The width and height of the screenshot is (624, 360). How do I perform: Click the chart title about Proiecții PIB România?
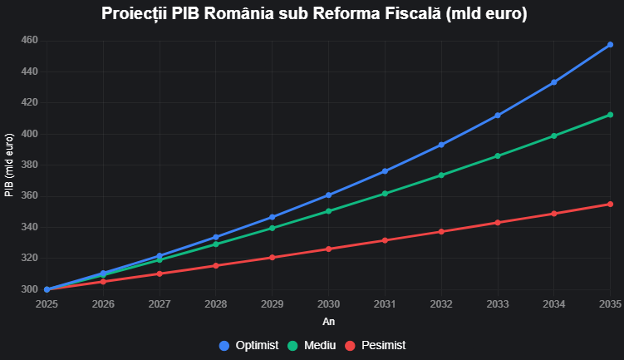[314, 14]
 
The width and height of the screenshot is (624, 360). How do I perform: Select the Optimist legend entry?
[248, 345]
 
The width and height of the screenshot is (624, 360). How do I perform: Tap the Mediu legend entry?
[311, 345]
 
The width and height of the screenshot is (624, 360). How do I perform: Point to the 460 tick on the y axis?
[30, 40]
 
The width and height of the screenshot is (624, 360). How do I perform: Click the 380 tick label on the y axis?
[30, 165]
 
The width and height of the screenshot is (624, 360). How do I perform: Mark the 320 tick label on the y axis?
[30, 258]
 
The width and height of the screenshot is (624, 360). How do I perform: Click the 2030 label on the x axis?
[328, 304]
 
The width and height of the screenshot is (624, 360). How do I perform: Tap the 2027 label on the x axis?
[160, 304]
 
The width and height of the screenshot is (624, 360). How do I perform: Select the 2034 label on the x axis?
[554, 304]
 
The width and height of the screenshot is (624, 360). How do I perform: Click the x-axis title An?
[328, 321]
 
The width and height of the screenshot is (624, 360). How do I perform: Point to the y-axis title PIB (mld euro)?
[9, 165]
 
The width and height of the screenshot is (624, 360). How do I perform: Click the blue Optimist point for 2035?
[610, 45]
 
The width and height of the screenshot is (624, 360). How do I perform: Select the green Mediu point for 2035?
[610, 115]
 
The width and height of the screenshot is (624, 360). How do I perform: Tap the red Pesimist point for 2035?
[610, 204]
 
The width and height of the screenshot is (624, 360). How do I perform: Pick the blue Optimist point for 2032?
[441, 145]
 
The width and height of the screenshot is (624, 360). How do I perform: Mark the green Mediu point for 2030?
[328, 211]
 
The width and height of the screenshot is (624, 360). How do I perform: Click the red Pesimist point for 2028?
[216, 265]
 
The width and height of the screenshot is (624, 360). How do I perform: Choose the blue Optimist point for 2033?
[498, 116]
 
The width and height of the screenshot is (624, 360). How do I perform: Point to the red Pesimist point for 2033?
[498, 222]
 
